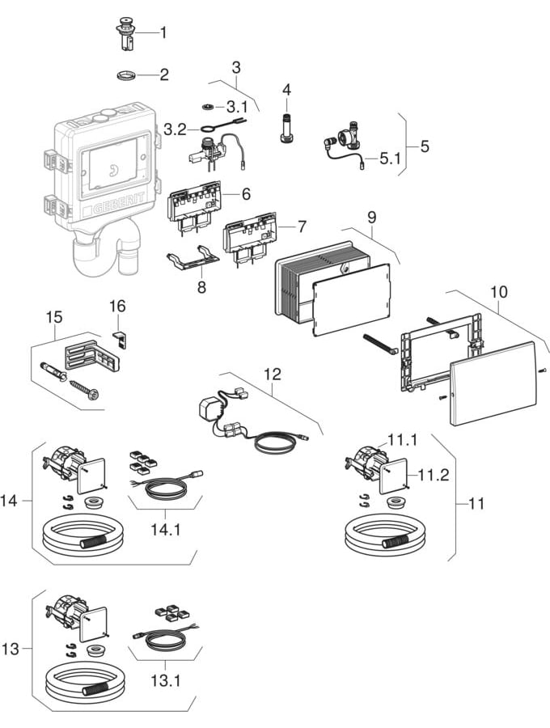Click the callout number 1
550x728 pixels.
[163, 33]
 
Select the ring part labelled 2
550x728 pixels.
[126, 77]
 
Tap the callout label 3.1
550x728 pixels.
[239, 106]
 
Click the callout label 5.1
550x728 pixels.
[391, 159]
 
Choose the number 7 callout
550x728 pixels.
[302, 224]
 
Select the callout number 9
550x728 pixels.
[372, 218]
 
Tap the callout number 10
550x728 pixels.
[497, 290]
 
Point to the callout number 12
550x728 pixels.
[273, 374]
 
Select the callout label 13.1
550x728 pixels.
[163, 679]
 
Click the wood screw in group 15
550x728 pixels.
[84, 387]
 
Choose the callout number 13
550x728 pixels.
[11, 650]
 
